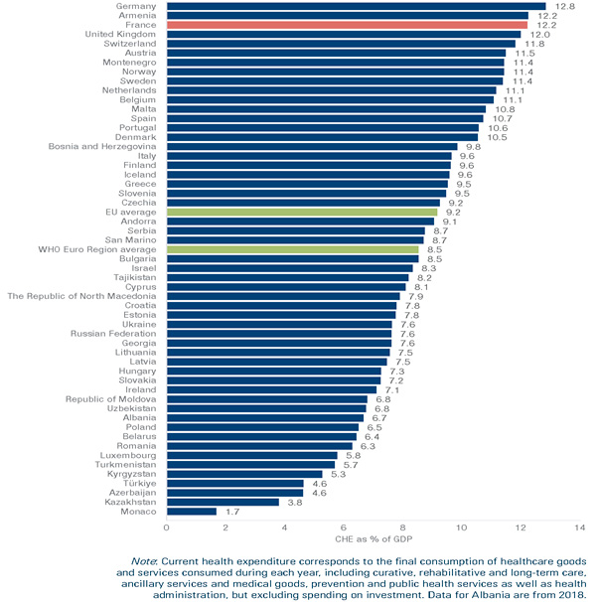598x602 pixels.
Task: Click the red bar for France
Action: tap(348, 25)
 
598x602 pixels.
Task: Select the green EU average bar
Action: tap(302, 212)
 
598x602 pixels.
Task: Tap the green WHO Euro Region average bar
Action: tap(292, 249)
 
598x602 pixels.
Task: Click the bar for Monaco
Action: tap(192, 512)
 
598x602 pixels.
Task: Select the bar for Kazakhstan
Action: tap(223, 502)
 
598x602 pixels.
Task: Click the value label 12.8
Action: tap(565, 6)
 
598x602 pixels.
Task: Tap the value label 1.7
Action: tap(231, 512)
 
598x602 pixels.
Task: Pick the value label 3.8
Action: tap(294, 502)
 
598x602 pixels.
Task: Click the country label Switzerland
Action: tap(129, 44)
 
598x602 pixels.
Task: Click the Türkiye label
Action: tap(138, 483)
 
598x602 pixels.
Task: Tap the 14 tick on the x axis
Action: tap(579, 527)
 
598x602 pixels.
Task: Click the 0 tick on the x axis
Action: tap(167, 527)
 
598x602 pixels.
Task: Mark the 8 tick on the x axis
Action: tap(402, 527)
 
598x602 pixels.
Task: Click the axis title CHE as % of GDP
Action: tap(373, 541)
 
